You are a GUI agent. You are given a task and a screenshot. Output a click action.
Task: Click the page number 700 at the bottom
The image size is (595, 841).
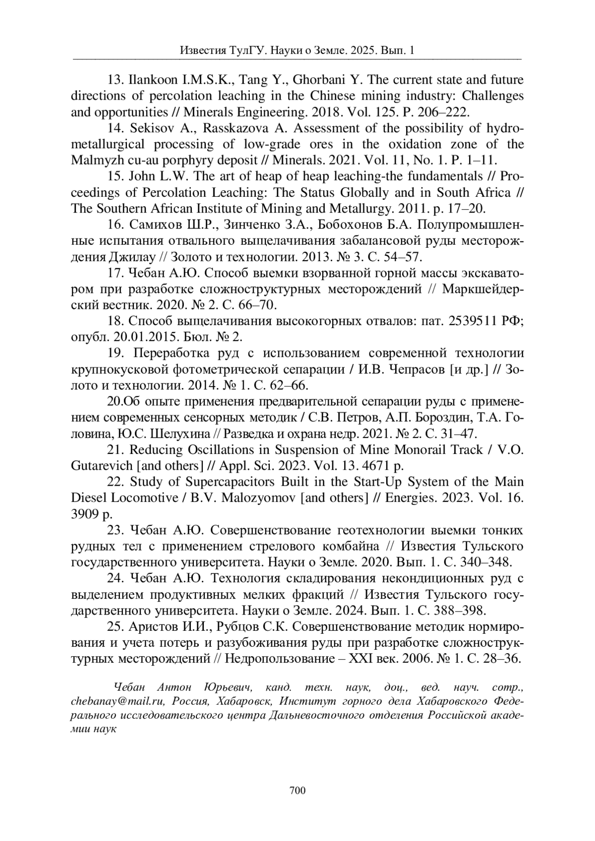tap(297, 790)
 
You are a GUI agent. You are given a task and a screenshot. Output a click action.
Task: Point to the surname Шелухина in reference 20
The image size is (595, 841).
tap(171, 434)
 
